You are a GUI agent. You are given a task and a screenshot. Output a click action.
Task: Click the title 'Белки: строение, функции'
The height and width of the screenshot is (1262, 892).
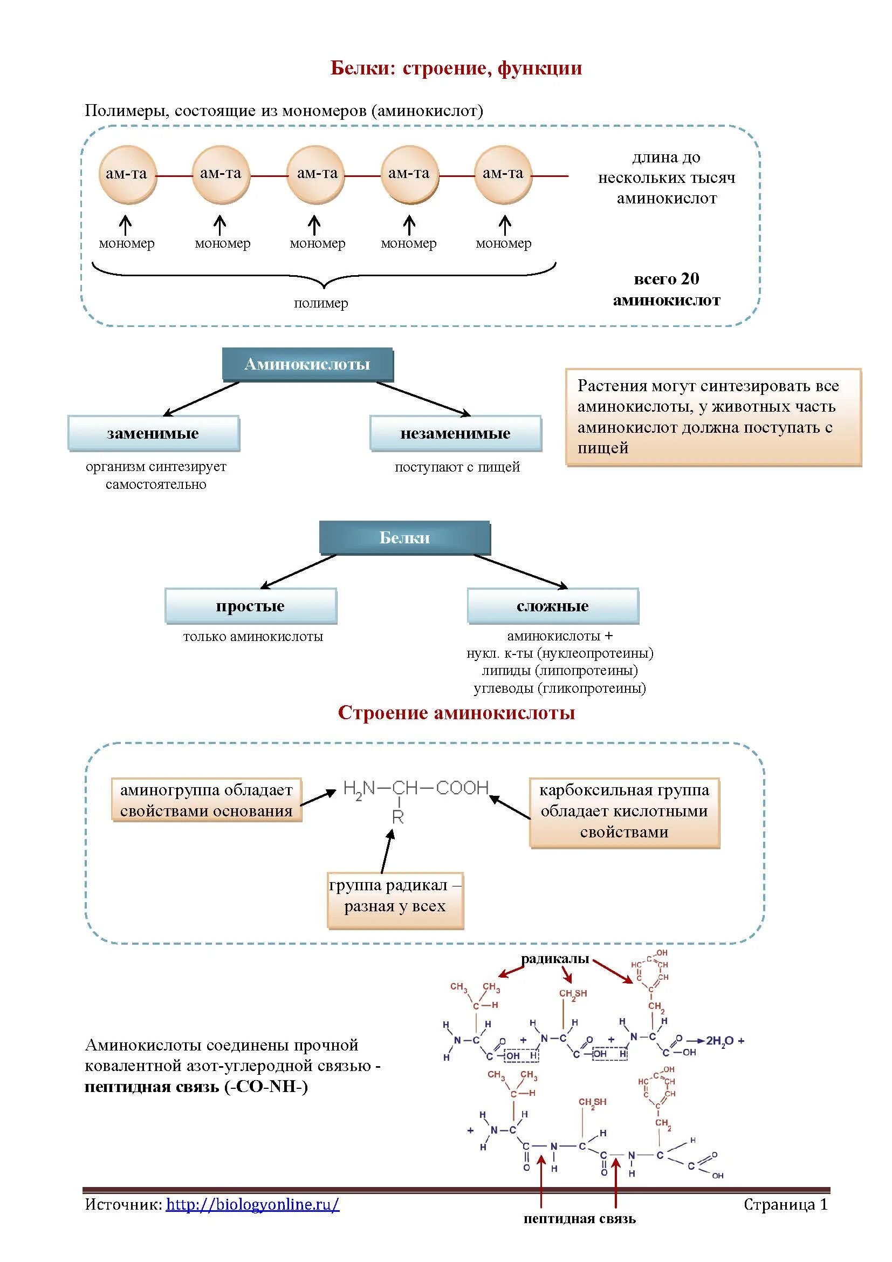(x=456, y=68)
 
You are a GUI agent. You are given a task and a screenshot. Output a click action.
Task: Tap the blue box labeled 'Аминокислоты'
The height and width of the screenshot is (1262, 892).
(x=307, y=364)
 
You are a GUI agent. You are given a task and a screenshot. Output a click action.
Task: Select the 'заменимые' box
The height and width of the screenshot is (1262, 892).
(x=153, y=433)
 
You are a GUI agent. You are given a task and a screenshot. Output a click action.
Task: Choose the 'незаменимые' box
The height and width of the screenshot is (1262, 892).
(x=455, y=433)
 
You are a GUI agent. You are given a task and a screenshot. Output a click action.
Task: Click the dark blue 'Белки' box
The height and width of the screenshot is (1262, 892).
(x=404, y=537)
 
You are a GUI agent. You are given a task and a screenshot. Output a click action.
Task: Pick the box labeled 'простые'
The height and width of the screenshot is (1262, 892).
(x=250, y=606)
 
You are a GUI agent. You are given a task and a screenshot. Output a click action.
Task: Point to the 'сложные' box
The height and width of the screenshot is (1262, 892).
(x=553, y=606)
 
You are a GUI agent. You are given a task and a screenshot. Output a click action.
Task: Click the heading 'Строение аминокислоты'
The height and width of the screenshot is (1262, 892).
(x=456, y=713)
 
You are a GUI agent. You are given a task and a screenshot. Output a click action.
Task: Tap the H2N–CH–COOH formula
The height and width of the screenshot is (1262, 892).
(x=415, y=788)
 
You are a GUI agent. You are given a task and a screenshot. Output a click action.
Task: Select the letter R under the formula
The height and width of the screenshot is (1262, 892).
(x=398, y=817)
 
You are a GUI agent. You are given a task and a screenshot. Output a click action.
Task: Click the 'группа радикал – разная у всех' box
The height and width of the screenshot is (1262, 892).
(x=395, y=896)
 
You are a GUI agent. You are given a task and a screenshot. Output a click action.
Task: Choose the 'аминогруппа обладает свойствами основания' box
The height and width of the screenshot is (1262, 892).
(x=207, y=800)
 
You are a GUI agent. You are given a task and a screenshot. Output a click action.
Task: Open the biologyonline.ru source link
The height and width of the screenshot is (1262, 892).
(x=252, y=1204)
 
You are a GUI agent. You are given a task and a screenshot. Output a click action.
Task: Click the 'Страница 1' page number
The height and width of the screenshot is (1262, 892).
(x=785, y=1204)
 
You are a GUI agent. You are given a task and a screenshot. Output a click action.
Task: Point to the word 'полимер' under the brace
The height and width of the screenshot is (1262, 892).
(x=321, y=303)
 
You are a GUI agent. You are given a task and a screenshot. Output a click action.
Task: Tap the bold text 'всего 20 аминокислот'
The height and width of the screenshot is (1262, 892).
(x=666, y=289)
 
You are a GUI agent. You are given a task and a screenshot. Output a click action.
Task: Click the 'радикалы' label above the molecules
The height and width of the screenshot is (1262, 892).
(x=555, y=959)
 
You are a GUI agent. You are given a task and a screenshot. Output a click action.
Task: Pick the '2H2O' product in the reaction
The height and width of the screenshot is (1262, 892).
(x=720, y=1040)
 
